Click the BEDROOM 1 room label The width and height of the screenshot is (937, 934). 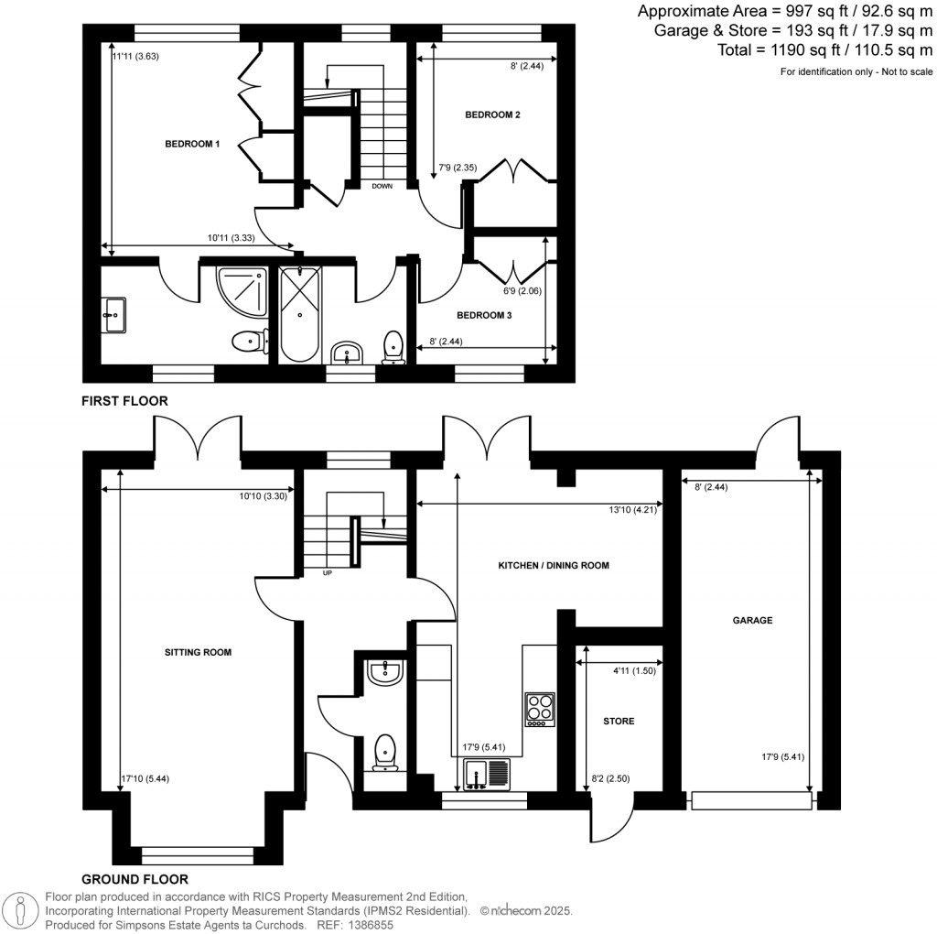tap(192, 144)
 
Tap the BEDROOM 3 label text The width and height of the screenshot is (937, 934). tap(484, 315)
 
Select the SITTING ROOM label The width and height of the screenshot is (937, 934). tap(198, 653)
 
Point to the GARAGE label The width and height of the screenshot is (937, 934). tap(752, 620)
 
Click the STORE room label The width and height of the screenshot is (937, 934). tap(619, 722)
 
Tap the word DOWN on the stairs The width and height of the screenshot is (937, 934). tap(382, 186)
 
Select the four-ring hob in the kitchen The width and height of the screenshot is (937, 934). tap(539, 709)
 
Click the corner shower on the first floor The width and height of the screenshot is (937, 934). tap(242, 288)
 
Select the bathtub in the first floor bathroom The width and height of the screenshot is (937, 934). tap(300, 314)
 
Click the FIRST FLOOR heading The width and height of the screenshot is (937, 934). tap(124, 401)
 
